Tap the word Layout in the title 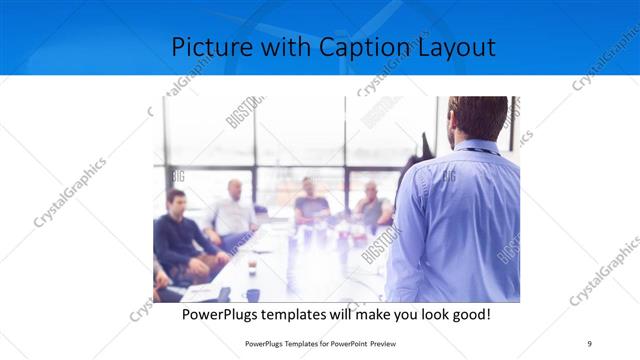point(455,47)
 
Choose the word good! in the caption point(467,315)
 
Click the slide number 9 point(589,343)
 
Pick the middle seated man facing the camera point(310,203)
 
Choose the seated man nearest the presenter point(372,207)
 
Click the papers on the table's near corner point(200,292)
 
